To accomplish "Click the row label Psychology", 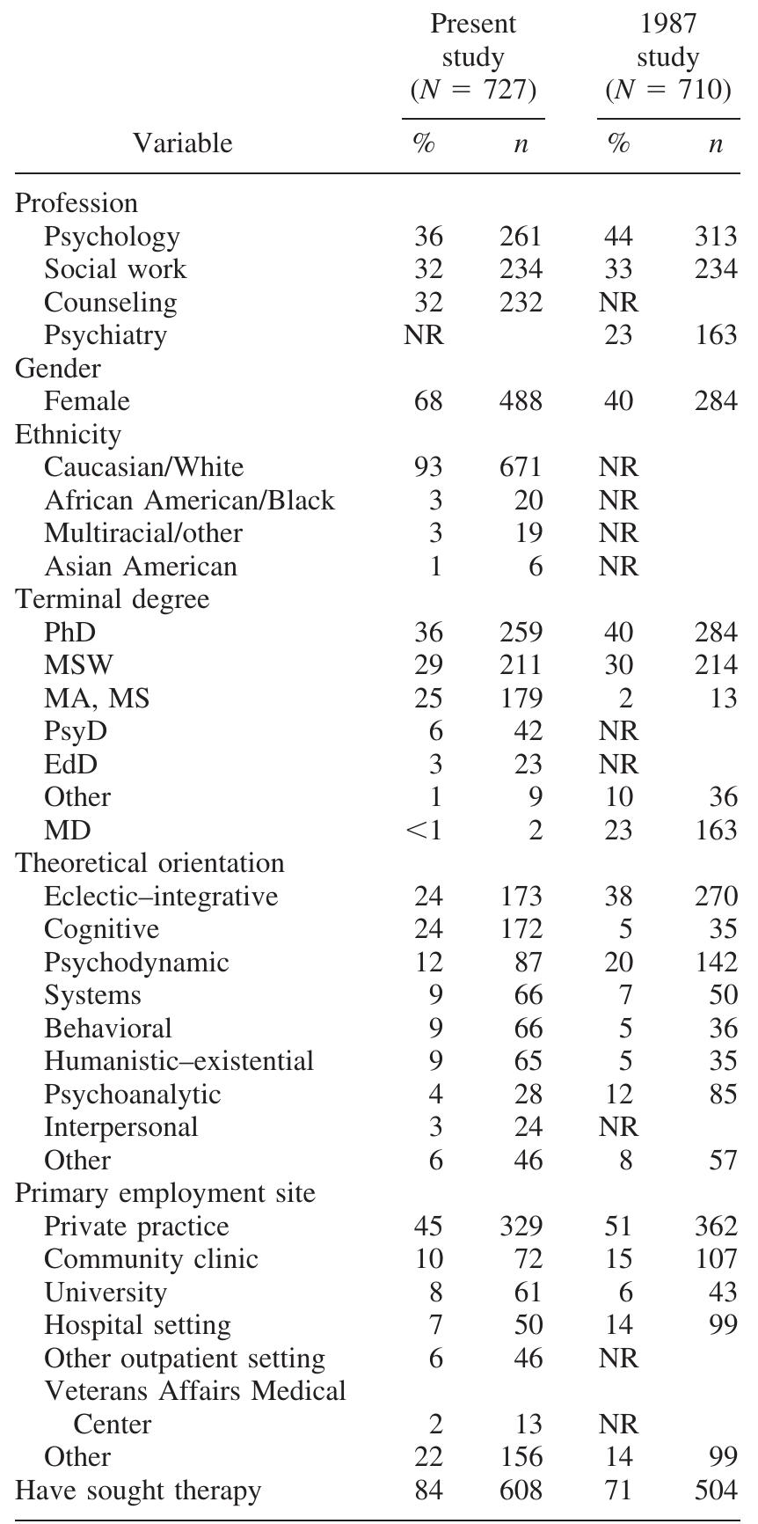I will [112, 237].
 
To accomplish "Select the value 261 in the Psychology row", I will [521, 237].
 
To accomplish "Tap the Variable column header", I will [183, 143].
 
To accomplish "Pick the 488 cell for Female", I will [521, 401].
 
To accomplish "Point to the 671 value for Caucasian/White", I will [521, 467].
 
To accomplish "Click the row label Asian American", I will [141, 566].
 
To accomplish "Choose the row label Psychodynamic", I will [136, 962].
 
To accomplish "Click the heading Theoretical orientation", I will [150, 863].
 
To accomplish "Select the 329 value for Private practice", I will [521, 1226].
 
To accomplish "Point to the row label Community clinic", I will [151, 1259].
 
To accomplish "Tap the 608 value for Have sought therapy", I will [521, 1491].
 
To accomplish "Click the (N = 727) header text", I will [473, 90].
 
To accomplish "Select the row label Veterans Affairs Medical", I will [195, 1391].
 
